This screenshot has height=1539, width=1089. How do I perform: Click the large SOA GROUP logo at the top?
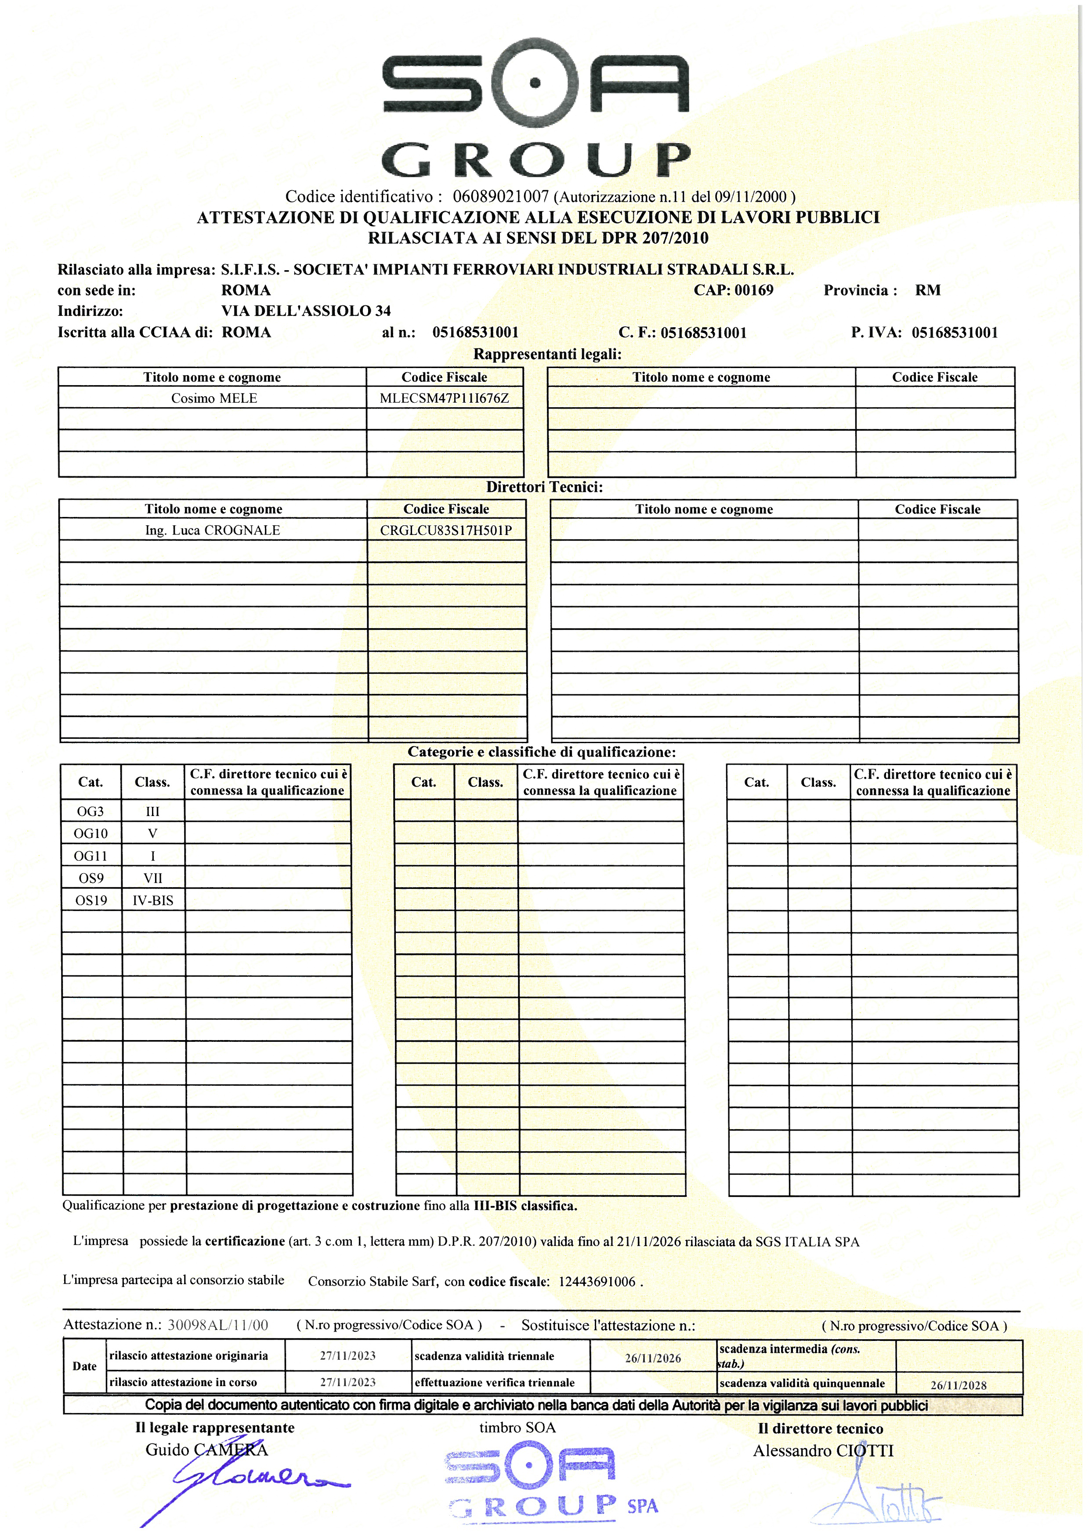tap(535, 107)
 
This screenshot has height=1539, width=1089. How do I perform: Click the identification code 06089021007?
tap(500, 196)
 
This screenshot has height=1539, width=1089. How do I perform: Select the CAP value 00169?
tap(754, 290)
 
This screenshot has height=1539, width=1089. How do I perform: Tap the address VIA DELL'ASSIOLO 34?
tap(306, 311)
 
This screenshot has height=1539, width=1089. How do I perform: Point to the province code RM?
tap(927, 290)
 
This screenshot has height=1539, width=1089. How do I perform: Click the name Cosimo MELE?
tap(214, 398)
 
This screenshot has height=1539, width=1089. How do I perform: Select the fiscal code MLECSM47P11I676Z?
tap(444, 398)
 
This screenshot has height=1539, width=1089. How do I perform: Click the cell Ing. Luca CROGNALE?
tap(213, 530)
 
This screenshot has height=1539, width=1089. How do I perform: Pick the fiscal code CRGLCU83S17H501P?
tap(445, 530)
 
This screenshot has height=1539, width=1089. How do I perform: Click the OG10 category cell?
tap(90, 833)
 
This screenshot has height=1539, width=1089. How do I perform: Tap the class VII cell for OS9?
tap(153, 878)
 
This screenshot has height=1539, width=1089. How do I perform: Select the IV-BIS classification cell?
tap(153, 900)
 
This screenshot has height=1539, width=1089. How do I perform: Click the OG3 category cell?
tap(90, 811)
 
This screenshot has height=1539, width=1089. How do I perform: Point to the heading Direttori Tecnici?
tap(544, 487)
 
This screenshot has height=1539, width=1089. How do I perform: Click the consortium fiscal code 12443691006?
tap(597, 1282)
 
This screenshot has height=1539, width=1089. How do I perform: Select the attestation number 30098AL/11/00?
tap(218, 1325)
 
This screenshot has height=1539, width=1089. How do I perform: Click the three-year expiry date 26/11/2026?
tap(652, 1358)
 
